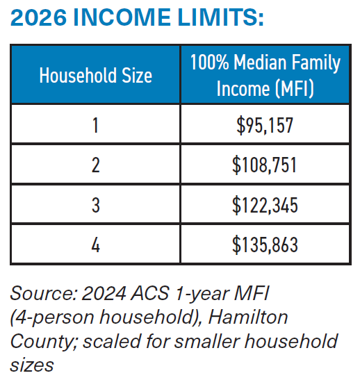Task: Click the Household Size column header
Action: tap(95, 75)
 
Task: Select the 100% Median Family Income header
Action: tap(265, 75)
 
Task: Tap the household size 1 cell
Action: tap(95, 125)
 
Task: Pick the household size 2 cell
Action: tap(95, 165)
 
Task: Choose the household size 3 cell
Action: tap(95, 205)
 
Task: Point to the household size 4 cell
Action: tap(95, 245)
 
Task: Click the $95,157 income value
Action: tap(265, 125)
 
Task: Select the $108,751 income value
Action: tap(265, 165)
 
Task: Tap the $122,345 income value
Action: tap(265, 205)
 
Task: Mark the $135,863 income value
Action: tap(265, 245)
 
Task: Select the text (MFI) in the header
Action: tap(295, 89)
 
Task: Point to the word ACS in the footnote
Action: tap(145, 295)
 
